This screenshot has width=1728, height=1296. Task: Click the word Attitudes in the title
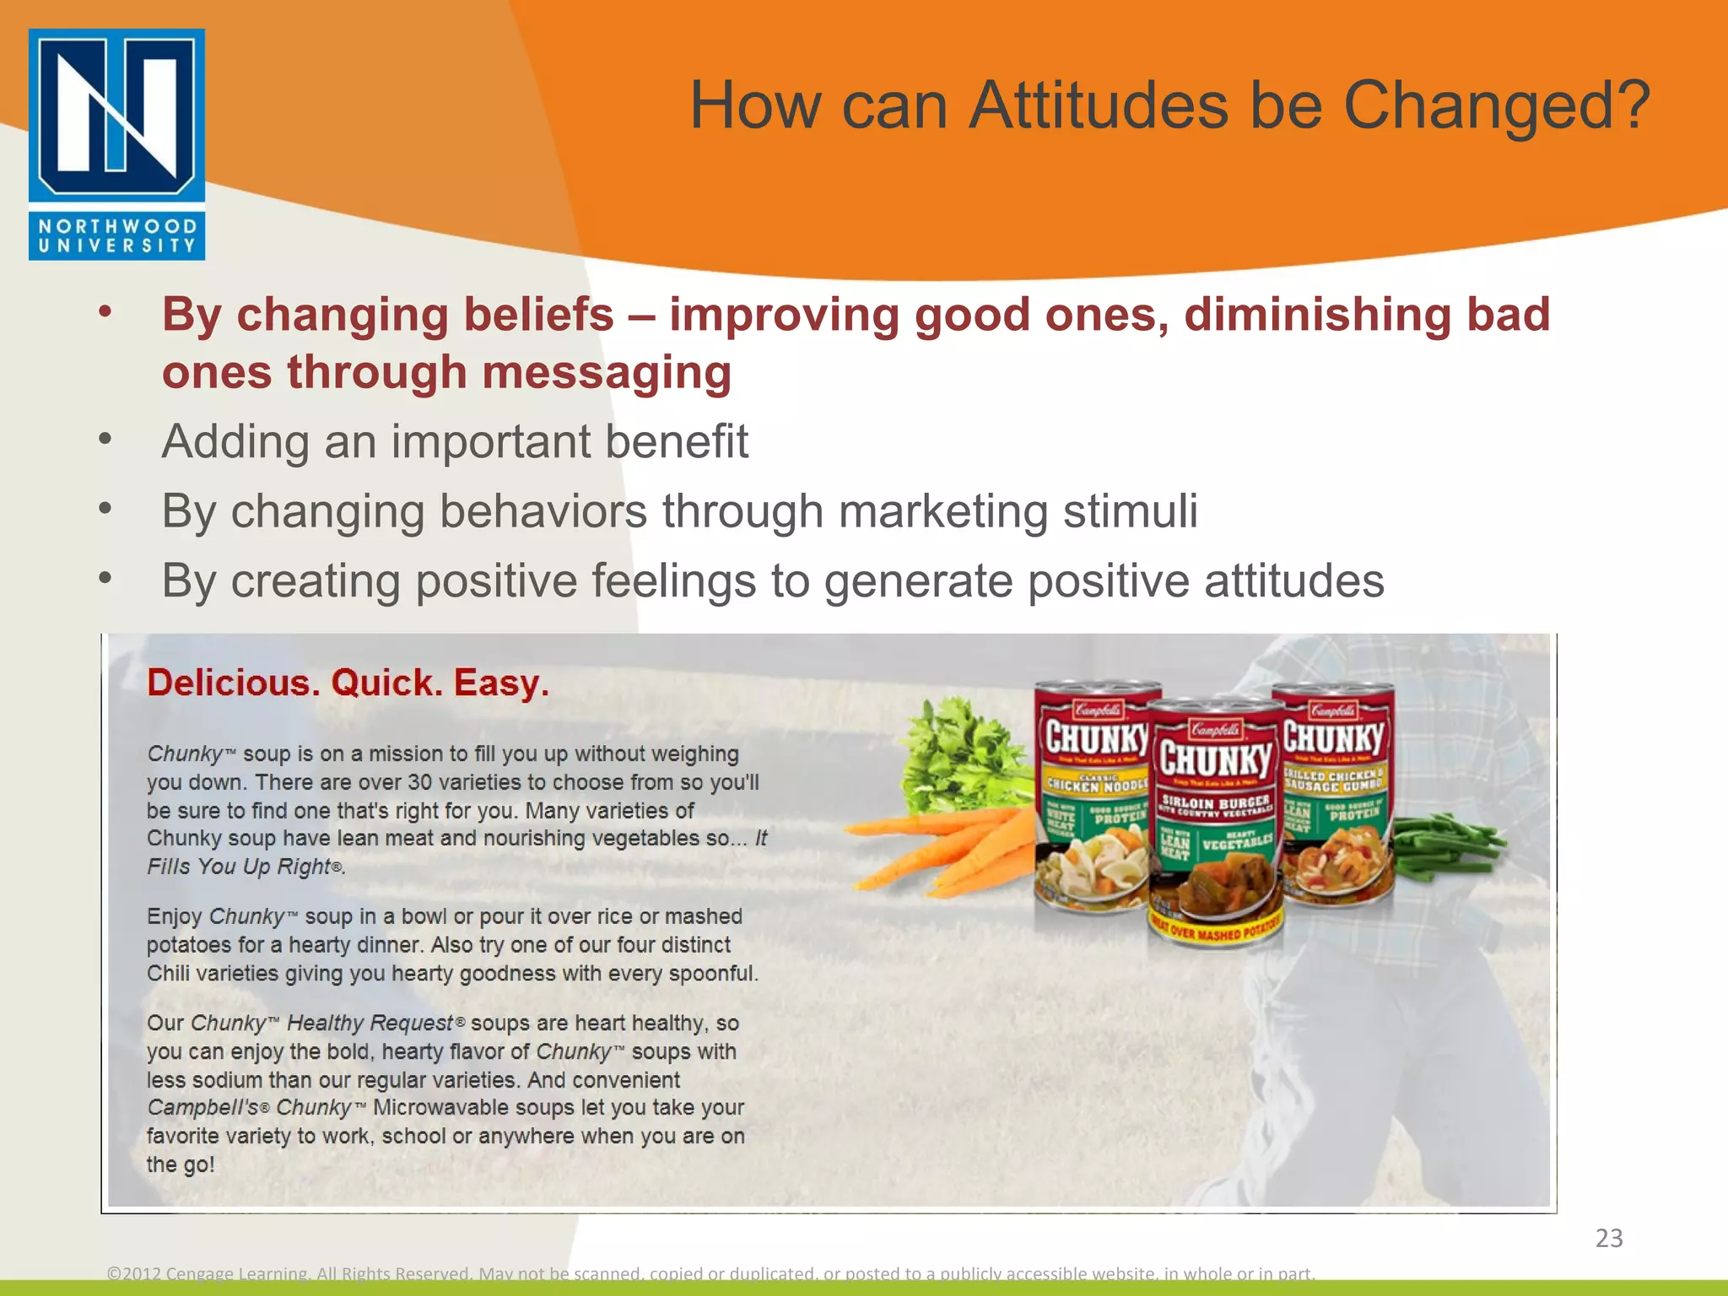(1098, 106)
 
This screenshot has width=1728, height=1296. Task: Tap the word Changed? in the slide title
(1495, 106)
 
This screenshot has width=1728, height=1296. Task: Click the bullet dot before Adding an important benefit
(105, 440)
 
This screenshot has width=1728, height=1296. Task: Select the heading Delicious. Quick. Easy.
(348, 683)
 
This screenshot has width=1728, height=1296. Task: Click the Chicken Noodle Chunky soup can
(1093, 797)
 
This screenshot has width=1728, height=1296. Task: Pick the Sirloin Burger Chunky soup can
(1214, 823)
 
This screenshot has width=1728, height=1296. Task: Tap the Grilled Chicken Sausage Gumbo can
(1333, 793)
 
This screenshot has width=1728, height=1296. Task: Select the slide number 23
(1608, 1238)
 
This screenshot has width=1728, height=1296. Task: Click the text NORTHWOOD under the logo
(117, 226)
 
